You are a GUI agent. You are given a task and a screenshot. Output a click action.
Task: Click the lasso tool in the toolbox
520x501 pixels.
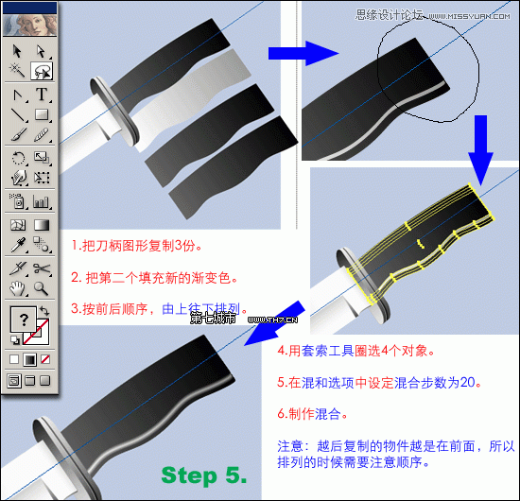point(43,71)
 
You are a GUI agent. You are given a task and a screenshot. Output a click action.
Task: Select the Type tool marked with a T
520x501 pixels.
point(43,94)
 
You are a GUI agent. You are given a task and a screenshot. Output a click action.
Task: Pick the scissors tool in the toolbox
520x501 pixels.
point(43,268)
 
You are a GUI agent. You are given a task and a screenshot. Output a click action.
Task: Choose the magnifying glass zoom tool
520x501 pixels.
point(43,288)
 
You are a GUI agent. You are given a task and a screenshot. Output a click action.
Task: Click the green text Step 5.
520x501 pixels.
point(203,474)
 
